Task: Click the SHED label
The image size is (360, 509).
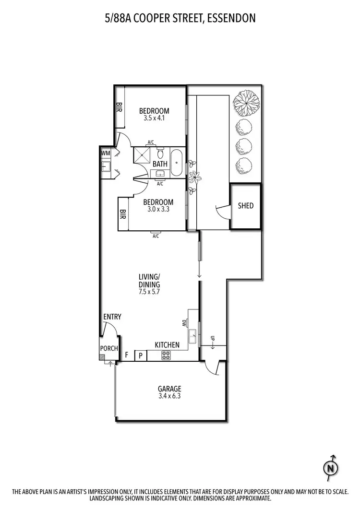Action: [246, 206]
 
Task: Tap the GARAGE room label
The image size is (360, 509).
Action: [169, 389]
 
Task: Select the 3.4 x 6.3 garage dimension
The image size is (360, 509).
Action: [169, 396]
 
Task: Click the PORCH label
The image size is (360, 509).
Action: [109, 348]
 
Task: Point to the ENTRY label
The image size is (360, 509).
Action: [112, 317]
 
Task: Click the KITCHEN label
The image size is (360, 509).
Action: [167, 345]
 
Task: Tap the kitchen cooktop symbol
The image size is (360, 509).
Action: [166, 355]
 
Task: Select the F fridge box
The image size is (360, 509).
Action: [127, 355]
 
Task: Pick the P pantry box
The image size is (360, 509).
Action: [141, 355]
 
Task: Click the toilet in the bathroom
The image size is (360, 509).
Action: [161, 154]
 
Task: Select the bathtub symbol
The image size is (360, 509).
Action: [176, 163]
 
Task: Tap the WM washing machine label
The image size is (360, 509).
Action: [106, 153]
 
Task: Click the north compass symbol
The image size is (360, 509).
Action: [330, 467]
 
